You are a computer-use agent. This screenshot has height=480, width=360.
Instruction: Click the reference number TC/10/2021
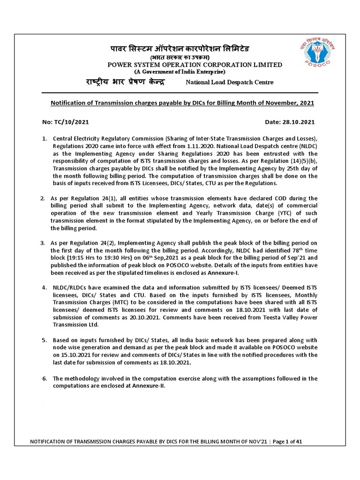pyautogui.click(x=70, y=121)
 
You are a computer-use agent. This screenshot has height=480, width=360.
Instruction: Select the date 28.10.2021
pyautogui.click(x=298, y=121)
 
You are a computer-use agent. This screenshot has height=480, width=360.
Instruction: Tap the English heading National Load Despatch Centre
pyautogui.click(x=230, y=82)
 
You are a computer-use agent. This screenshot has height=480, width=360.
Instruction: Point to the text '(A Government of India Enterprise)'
pyautogui.click(x=180, y=72)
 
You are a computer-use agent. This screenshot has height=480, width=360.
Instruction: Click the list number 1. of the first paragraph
pyautogui.click(x=45, y=139)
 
